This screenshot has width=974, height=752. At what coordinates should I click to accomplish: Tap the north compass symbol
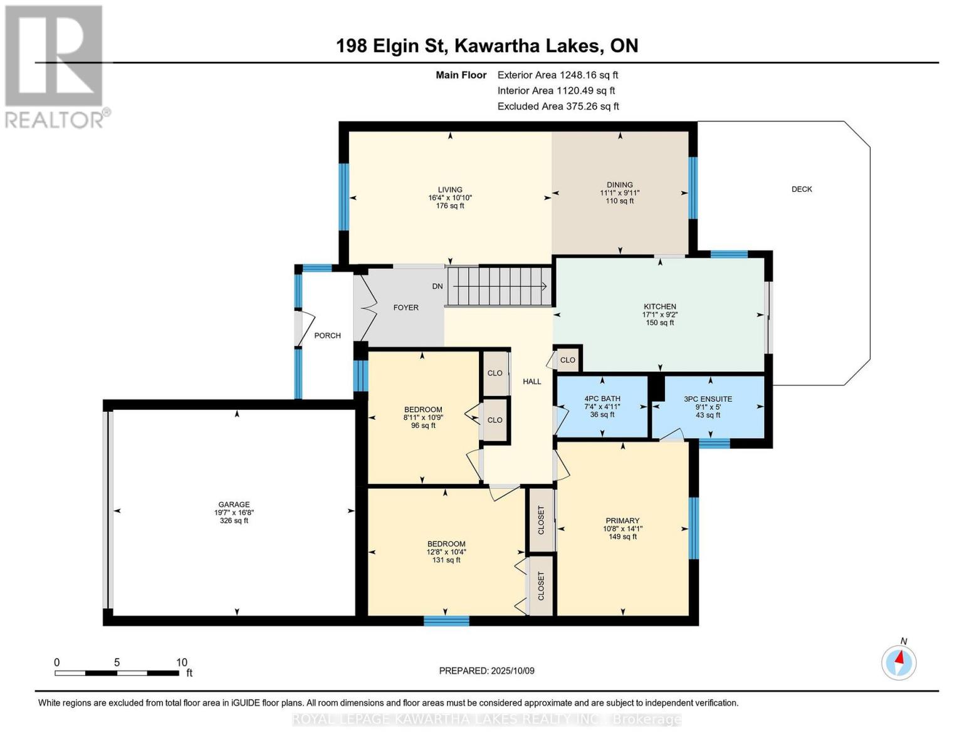coord(898,662)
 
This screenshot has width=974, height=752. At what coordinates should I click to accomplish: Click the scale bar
coord(117,673)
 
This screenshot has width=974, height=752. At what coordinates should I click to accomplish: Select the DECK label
coord(802,189)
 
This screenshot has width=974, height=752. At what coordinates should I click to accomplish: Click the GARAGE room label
coord(234,504)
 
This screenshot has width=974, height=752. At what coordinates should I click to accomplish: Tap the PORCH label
coord(327,336)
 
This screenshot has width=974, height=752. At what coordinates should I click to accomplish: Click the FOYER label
coord(406,308)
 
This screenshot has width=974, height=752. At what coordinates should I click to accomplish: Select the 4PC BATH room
coord(602,407)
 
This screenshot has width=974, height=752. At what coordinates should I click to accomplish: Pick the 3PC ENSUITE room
coord(708,407)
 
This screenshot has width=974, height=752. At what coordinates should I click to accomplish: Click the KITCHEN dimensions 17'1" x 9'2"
coord(660,315)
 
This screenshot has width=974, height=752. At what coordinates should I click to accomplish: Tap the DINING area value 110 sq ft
coord(620,201)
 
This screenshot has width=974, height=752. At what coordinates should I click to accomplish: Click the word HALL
coord(532,382)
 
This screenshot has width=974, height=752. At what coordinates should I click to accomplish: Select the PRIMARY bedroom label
coord(622,521)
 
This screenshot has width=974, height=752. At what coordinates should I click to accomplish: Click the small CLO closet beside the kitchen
coord(567,360)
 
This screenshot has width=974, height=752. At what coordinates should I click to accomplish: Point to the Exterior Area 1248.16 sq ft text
coord(558,75)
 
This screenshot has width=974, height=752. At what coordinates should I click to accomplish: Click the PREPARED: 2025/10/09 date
coord(487,671)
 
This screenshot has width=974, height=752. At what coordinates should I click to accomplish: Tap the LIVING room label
coord(450,190)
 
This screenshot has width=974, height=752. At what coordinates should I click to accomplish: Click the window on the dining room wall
coord(693,188)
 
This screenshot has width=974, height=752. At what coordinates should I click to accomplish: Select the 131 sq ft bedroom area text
coord(446,560)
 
